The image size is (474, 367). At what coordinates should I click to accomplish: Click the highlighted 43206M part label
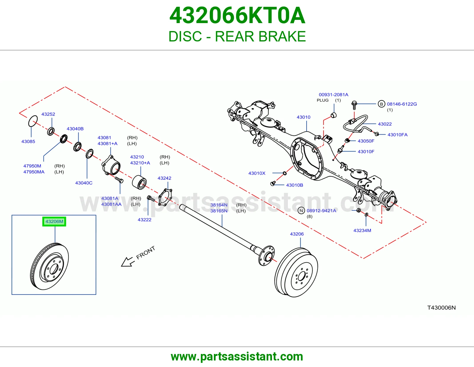pyautogui.click(x=54, y=221)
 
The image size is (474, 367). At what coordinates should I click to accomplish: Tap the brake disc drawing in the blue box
pyautogui.click(x=49, y=266)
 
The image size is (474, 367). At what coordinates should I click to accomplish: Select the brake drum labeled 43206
pyautogui.click(x=296, y=272)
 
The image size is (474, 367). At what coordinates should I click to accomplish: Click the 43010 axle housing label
pyautogui.click(x=303, y=117)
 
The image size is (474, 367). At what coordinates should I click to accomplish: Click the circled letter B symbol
pyautogui.click(x=381, y=104)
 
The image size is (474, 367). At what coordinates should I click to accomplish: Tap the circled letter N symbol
pyautogui.click(x=301, y=210)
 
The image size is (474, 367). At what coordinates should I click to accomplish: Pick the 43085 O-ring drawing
pyautogui.click(x=33, y=121)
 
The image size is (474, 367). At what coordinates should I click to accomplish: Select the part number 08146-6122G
pyautogui.click(x=402, y=104)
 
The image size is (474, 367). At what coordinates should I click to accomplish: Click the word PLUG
pyautogui.click(x=323, y=100)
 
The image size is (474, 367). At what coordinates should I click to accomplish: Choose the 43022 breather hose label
pyautogui.click(x=385, y=124)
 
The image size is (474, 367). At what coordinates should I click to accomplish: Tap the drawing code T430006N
pyautogui.click(x=441, y=308)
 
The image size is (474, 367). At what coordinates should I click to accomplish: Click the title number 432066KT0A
pyautogui.click(x=237, y=15)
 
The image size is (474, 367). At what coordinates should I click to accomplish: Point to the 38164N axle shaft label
pyautogui.click(x=219, y=205)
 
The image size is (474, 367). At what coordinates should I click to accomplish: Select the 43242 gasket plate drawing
pyautogui.click(x=165, y=197)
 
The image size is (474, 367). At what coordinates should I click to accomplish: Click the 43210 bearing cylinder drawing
pyautogui.click(x=139, y=182)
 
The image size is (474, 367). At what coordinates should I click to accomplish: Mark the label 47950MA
pyautogui.click(x=34, y=172)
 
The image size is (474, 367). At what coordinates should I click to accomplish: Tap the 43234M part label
pyautogui.click(x=362, y=230)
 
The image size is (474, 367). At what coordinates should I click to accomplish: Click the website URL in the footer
pyautogui.click(x=237, y=357)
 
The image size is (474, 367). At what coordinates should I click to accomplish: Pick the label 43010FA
pyautogui.click(x=398, y=135)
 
